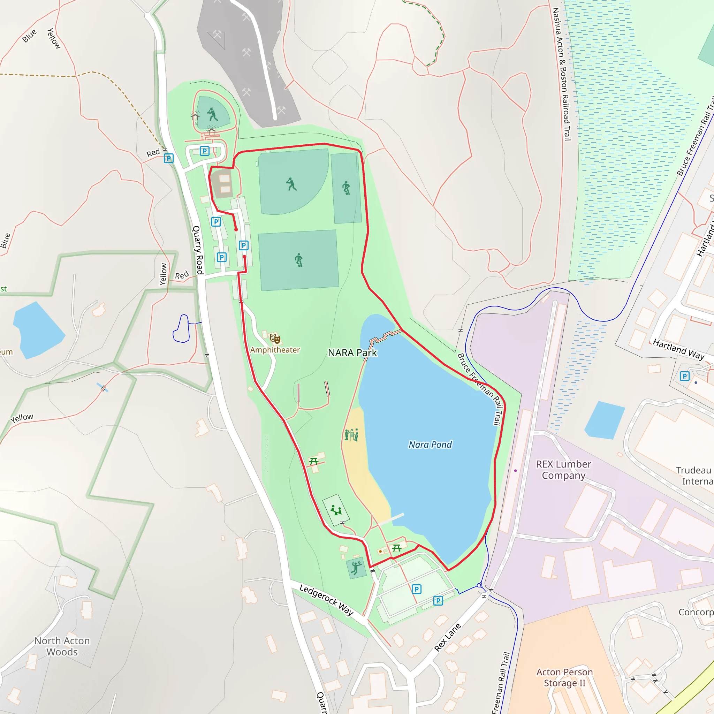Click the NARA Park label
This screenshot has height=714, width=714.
(352, 352)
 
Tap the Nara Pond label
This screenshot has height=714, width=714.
(430, 445)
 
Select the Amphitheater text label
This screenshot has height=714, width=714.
(275, 350)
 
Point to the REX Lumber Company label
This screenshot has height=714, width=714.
(563, 469)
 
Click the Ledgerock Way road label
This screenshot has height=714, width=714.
(326, 599)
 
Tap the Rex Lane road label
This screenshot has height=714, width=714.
(447, 637)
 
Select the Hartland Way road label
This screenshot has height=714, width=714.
(678, 349)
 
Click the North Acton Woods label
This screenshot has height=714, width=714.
(62, 646)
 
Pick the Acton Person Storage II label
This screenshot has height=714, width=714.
(564, 677)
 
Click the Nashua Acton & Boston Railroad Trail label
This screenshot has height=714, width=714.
(562, 74)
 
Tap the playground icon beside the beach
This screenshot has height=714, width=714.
(351, 435)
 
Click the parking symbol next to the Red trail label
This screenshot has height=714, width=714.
(168, 158)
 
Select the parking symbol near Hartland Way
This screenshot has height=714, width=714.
(684, 376)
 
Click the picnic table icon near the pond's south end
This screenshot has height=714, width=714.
(396, 548)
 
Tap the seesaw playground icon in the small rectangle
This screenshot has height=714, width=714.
(336, 510)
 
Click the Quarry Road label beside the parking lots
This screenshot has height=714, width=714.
(198, 250)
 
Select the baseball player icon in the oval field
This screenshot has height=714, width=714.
(213, 114)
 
